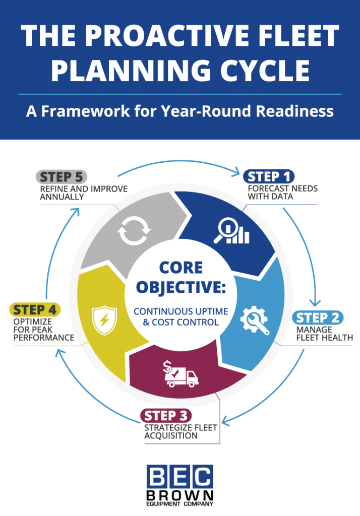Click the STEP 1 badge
pos(268,177)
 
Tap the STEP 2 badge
pos(318,317)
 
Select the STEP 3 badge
pos(166,416)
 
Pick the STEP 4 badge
pos(35,309)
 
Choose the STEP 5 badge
pos(62,177)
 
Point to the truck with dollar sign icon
pos(181,374)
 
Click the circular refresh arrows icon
pos(134,231)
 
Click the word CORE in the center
pos(181,268)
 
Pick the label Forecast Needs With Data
pos(282,192)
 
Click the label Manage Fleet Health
pos(323,334)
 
